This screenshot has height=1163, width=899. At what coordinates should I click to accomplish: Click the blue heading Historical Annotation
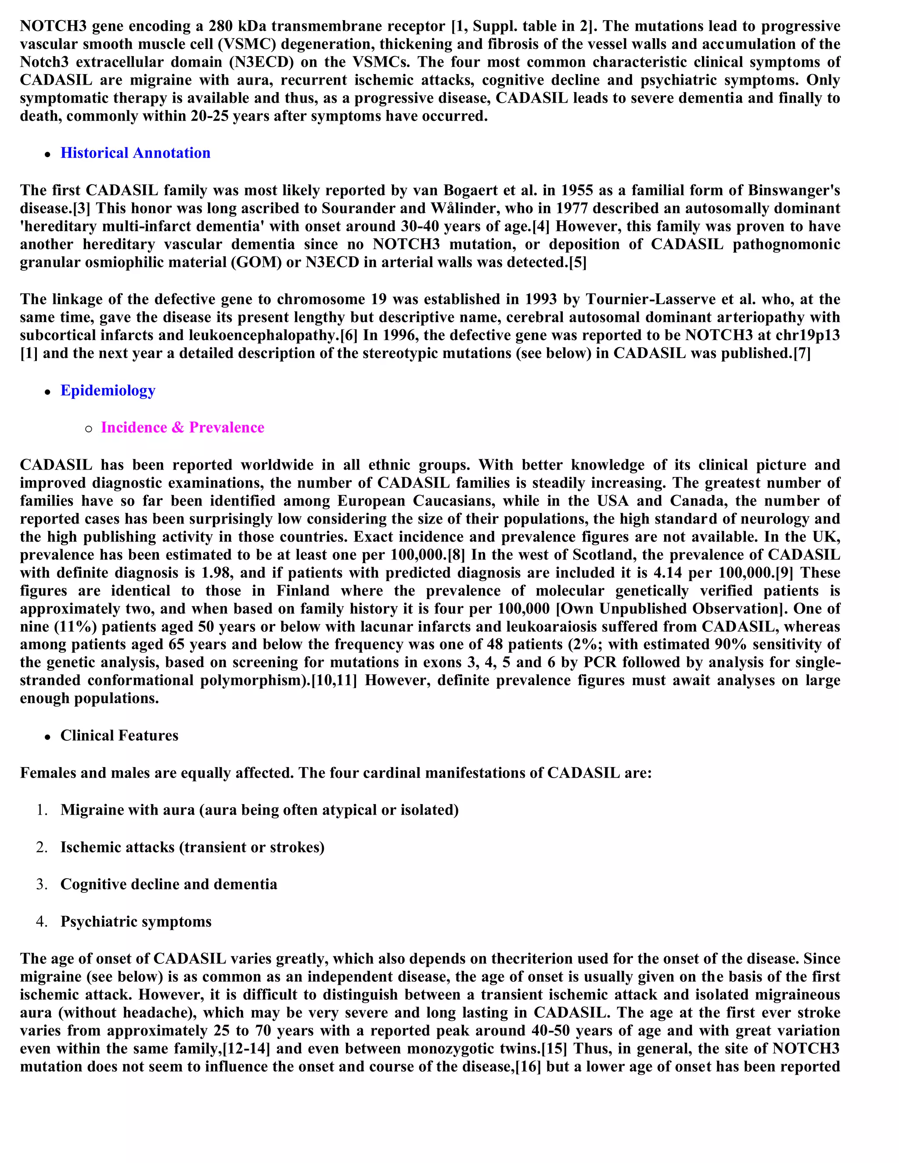[x=135, y=153]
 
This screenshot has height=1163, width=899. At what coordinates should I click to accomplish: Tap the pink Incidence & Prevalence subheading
[x=182, y=427]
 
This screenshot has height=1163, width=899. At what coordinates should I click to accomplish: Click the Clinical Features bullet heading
[x=119, y=736]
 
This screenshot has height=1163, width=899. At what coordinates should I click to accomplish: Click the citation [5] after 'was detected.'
[x=577, y=262]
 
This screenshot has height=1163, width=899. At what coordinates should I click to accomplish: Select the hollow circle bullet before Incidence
[x=88, y=428]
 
